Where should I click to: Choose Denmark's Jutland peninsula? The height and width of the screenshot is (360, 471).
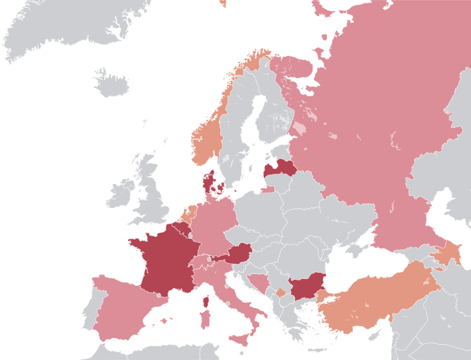208,183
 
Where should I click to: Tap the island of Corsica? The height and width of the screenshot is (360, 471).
205,300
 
